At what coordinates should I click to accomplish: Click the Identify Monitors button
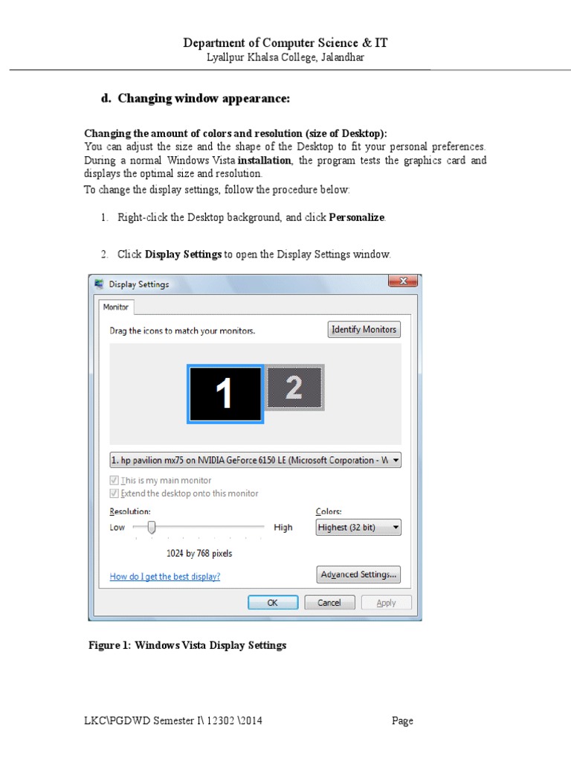tap(364, 330)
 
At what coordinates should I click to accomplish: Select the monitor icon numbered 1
tap(225, 394)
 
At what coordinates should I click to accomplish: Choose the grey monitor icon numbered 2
tap(294, 388)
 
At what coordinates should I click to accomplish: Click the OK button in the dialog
tap(272, 603)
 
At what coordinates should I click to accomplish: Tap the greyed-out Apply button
tap(386, 603)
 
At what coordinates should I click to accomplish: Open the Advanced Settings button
tap(359, 574)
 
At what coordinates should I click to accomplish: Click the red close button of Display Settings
tap(402, 281)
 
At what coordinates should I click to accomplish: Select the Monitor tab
tap(116, 307)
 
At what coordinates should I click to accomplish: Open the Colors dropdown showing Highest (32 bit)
tap(358, 528)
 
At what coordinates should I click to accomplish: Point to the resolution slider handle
tap(151, 527)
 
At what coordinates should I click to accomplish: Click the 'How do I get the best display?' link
tap(165, 576)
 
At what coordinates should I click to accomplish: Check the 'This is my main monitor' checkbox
tap(114, 481)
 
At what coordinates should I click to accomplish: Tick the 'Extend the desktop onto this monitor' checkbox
tap(114, 493)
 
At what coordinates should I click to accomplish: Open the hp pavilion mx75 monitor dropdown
tap(255, 460)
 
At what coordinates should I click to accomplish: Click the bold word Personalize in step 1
tap(357, 217)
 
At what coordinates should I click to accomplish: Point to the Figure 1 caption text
tap(187, 645)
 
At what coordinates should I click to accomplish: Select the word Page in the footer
tap(403, 720)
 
